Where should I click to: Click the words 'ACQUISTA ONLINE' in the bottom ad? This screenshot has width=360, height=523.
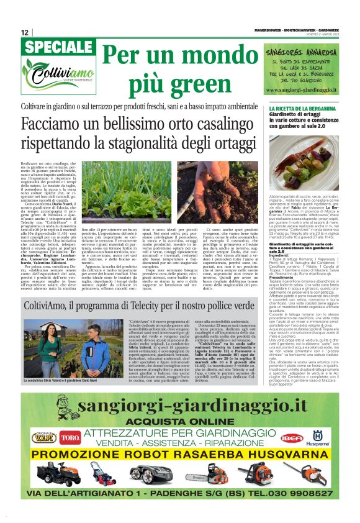pyautogui.click(x=179, y=421)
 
